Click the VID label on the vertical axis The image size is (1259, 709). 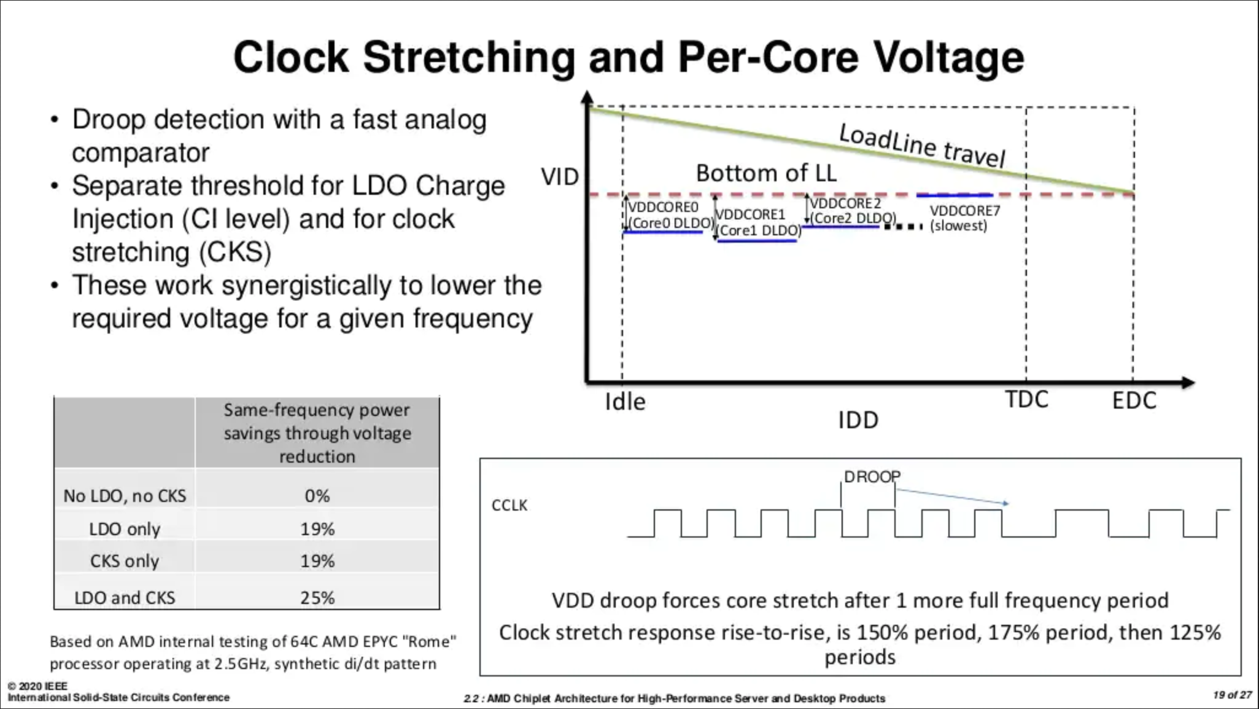pos(560,177)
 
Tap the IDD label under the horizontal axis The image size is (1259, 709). pos(858,420)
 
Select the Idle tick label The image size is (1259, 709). pos(625,402)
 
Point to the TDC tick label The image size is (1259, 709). pos(1026,400)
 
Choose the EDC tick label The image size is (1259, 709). pos(1134,401)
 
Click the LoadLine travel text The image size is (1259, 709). pos(922,146)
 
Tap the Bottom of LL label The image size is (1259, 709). pos(766,173)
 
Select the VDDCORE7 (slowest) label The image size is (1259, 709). pos(964,218)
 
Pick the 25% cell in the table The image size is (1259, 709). pos(317,597)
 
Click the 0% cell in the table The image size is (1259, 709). pos(317,495)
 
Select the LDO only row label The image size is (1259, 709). pos(125,529)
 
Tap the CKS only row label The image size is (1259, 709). pos(125,561)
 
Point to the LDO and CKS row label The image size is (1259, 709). pos(125,597)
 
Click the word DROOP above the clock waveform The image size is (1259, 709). pos(872,477)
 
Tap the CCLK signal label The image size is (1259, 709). pos(509,505)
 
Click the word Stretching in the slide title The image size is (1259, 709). pos(469,57)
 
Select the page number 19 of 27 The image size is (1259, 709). pos(1232,695)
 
